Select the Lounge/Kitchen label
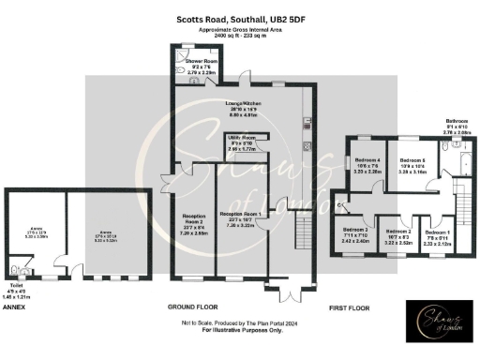[244, 103]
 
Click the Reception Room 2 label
[192, 216]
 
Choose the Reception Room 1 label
[240, 214]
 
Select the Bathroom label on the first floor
[457, 121]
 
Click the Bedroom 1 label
[437, 231]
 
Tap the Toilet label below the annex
[15, 285]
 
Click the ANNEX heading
[14, 307]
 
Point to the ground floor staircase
[301, 235]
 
